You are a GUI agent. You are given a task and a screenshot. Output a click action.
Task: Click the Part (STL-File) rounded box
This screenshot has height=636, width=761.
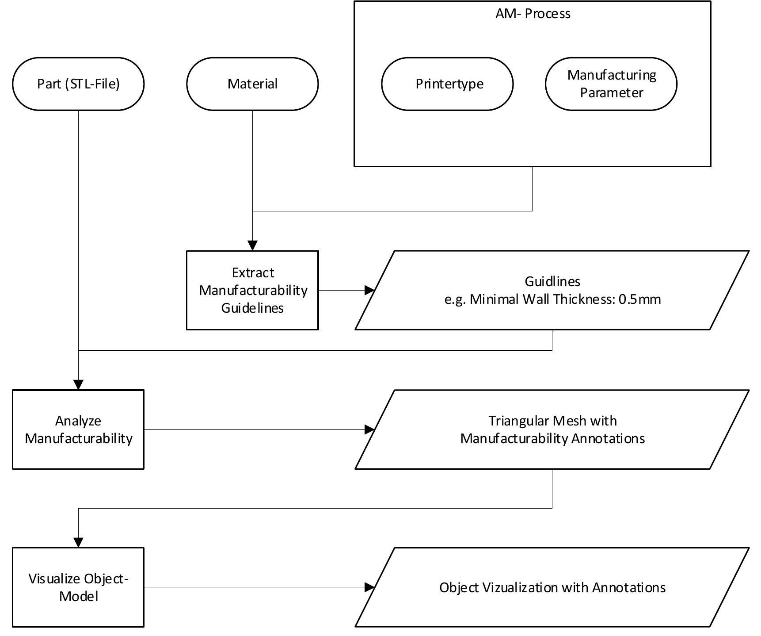pos(78,84)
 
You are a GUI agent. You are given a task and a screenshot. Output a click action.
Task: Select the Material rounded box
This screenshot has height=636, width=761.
pos(252,84)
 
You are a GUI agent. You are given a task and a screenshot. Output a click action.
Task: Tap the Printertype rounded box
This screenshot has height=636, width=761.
pos(447,84)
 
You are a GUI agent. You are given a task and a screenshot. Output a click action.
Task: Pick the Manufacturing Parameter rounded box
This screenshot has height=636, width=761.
pos(611,84)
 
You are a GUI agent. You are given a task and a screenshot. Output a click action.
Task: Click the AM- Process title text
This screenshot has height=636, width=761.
pos(533,14)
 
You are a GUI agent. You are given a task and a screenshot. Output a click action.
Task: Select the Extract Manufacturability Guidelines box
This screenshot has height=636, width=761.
pos(252,290)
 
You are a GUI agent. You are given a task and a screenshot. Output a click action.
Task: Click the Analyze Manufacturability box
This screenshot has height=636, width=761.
pos(78,429)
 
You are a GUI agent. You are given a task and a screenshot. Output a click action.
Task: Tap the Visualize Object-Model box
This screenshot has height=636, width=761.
pos(78,587)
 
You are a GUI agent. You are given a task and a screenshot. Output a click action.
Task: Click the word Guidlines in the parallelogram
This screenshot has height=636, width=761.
pos(552,281)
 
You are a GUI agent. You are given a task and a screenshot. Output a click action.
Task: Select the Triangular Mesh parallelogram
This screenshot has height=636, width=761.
pos(552,429)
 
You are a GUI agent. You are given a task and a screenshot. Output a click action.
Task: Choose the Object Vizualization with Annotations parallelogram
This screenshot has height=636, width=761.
pos(552,587)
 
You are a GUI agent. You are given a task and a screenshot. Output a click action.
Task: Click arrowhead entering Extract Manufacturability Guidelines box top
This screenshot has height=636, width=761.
pos(252,245)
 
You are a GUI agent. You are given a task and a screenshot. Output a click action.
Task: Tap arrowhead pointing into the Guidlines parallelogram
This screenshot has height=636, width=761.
pos(369,290)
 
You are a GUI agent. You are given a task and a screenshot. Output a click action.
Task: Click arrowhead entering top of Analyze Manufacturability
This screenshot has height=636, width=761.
pos(78,384)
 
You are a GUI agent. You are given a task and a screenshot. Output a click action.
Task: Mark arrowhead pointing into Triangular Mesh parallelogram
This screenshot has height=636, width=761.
pos(369,429)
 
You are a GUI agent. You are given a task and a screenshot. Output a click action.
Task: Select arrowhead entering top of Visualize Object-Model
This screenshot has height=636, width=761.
pos(78,542)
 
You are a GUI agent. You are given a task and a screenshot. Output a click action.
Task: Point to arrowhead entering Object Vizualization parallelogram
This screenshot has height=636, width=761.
pos(369,587)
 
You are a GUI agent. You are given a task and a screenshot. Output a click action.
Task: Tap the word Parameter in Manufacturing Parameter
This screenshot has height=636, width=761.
pos(611,93)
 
